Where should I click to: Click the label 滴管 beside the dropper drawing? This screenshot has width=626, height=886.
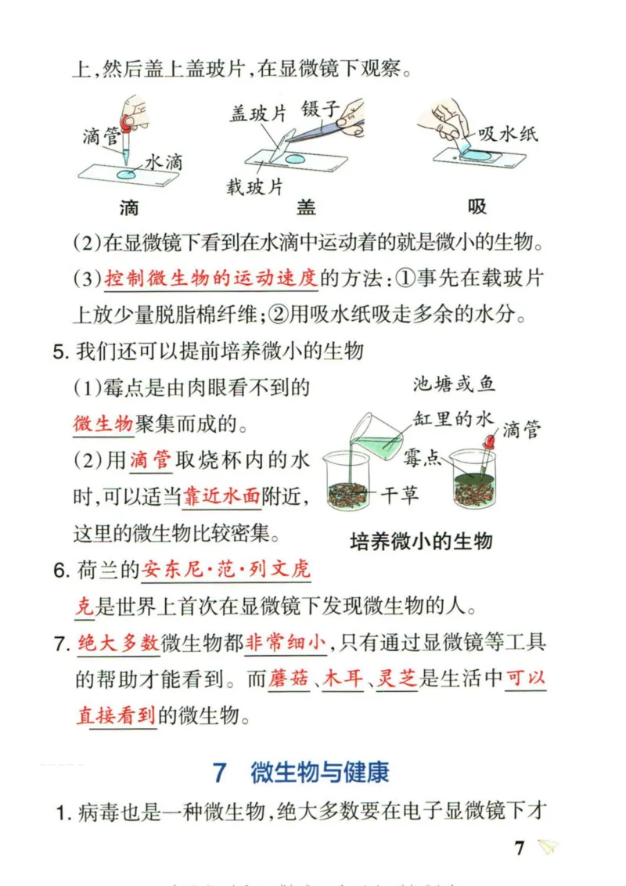(x=101, y=138)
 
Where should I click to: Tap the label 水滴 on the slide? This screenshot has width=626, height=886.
(x=164, y=162)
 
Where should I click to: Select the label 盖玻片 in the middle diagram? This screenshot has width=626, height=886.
(x=258, y=114)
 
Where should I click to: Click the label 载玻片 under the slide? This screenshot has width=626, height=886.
(x=254, y=187)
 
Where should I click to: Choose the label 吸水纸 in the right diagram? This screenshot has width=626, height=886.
(x=508, y=134)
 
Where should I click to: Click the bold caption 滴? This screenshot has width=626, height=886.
(x=129, y=207)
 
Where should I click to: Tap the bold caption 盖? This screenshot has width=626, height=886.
(x=305, y=207)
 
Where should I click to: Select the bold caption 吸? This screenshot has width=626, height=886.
(x=477, y=207)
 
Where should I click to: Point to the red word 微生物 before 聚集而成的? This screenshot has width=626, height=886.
(x=103, y=424)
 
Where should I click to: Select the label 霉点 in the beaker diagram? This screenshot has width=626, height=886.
(x=423, y=458)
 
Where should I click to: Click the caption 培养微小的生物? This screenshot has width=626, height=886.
(x=421, y=541)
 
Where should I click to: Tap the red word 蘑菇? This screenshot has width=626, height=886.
(x=289, y=679)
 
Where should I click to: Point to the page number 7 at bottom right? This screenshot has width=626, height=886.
(x=520, y=848)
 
